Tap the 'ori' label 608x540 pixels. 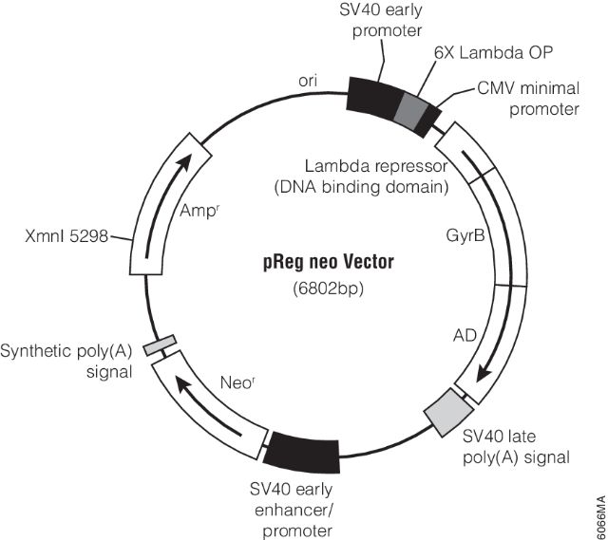point(308,82)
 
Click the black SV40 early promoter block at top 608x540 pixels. point(372,93)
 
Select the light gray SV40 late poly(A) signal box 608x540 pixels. point(447,411)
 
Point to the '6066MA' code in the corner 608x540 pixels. point(597,512)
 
